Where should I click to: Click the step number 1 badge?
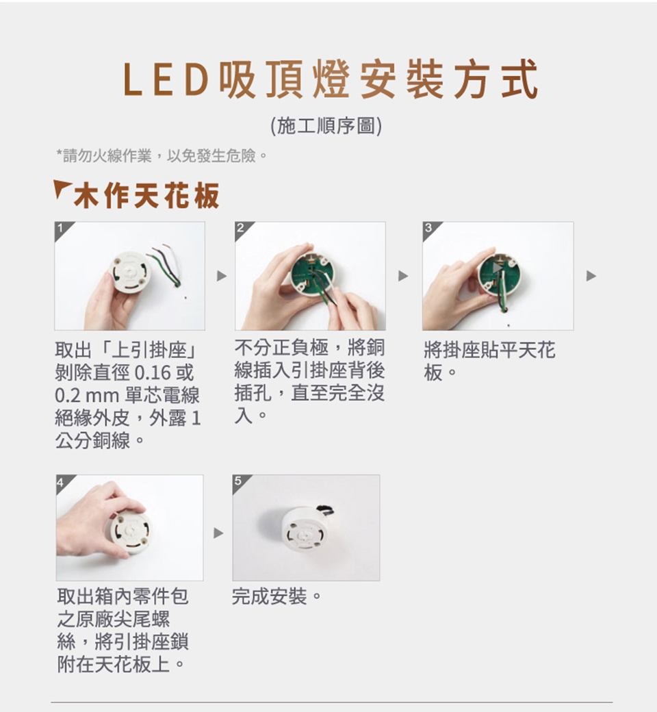click(61, 229)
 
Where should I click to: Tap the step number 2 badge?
click(242, 229)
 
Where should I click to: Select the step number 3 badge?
click(429, 229)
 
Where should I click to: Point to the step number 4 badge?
click(62, 482)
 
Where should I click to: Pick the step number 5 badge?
click(239, 482)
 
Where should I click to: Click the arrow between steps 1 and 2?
click(222, 276)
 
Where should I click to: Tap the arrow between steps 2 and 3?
click(402, 276)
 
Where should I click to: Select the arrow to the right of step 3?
click(591, 276)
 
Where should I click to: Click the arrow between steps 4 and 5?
click(218, 533)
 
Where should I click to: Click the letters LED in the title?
click(166, 81)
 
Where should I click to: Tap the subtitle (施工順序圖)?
click(326, 126)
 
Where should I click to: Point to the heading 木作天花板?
click(146, 196)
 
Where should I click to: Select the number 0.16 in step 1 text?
click(153, 373)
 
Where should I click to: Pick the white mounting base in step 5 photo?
click(302, 529)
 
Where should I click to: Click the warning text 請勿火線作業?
click(107, 156)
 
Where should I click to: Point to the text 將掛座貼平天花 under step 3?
click(489, 350)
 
